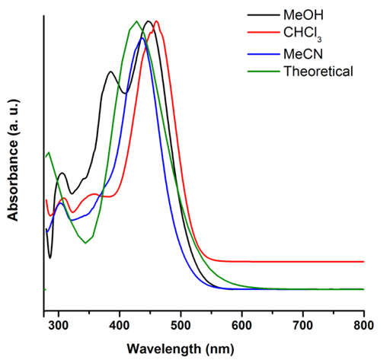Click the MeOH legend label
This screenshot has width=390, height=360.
click(302, 15)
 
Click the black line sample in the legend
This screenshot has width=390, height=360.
click(261, 15)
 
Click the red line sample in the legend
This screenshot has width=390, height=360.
click(261, 34)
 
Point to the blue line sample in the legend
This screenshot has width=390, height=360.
click(261, 53)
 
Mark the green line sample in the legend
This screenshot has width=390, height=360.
click(261, 72)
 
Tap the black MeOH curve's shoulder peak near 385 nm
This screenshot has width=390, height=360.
click(111, 72)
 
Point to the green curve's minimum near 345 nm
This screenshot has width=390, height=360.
click(85, 243)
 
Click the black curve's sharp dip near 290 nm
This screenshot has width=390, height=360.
click(50, 257)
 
